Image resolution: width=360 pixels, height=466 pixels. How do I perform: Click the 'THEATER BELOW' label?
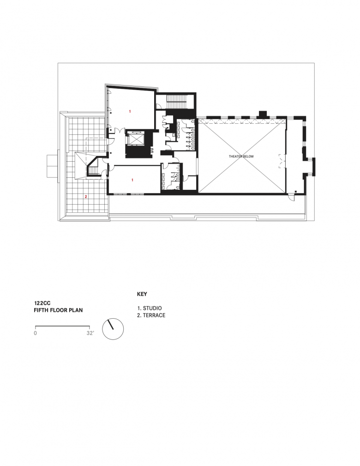241,156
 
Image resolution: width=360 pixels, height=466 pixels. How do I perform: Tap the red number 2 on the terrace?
86,196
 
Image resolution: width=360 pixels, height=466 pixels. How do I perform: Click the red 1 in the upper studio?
130,111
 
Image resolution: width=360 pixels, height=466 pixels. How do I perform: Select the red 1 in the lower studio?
132,180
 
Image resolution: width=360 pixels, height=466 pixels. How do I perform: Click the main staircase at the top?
175,102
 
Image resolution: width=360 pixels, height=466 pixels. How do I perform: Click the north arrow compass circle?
113,329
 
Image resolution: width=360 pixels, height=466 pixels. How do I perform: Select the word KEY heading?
142,294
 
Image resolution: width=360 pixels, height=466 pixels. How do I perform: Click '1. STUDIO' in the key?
150,308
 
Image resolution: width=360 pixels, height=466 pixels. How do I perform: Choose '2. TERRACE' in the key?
151,315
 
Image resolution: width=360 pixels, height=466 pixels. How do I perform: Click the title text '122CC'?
42,303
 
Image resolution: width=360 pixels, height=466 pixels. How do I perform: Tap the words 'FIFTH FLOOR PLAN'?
58,310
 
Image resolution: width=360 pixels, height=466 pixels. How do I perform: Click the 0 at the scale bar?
36,333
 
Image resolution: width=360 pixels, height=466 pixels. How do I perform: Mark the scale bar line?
62,327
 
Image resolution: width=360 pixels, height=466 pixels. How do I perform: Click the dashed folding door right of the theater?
281,161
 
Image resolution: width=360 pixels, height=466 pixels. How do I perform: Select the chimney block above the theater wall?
263,115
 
